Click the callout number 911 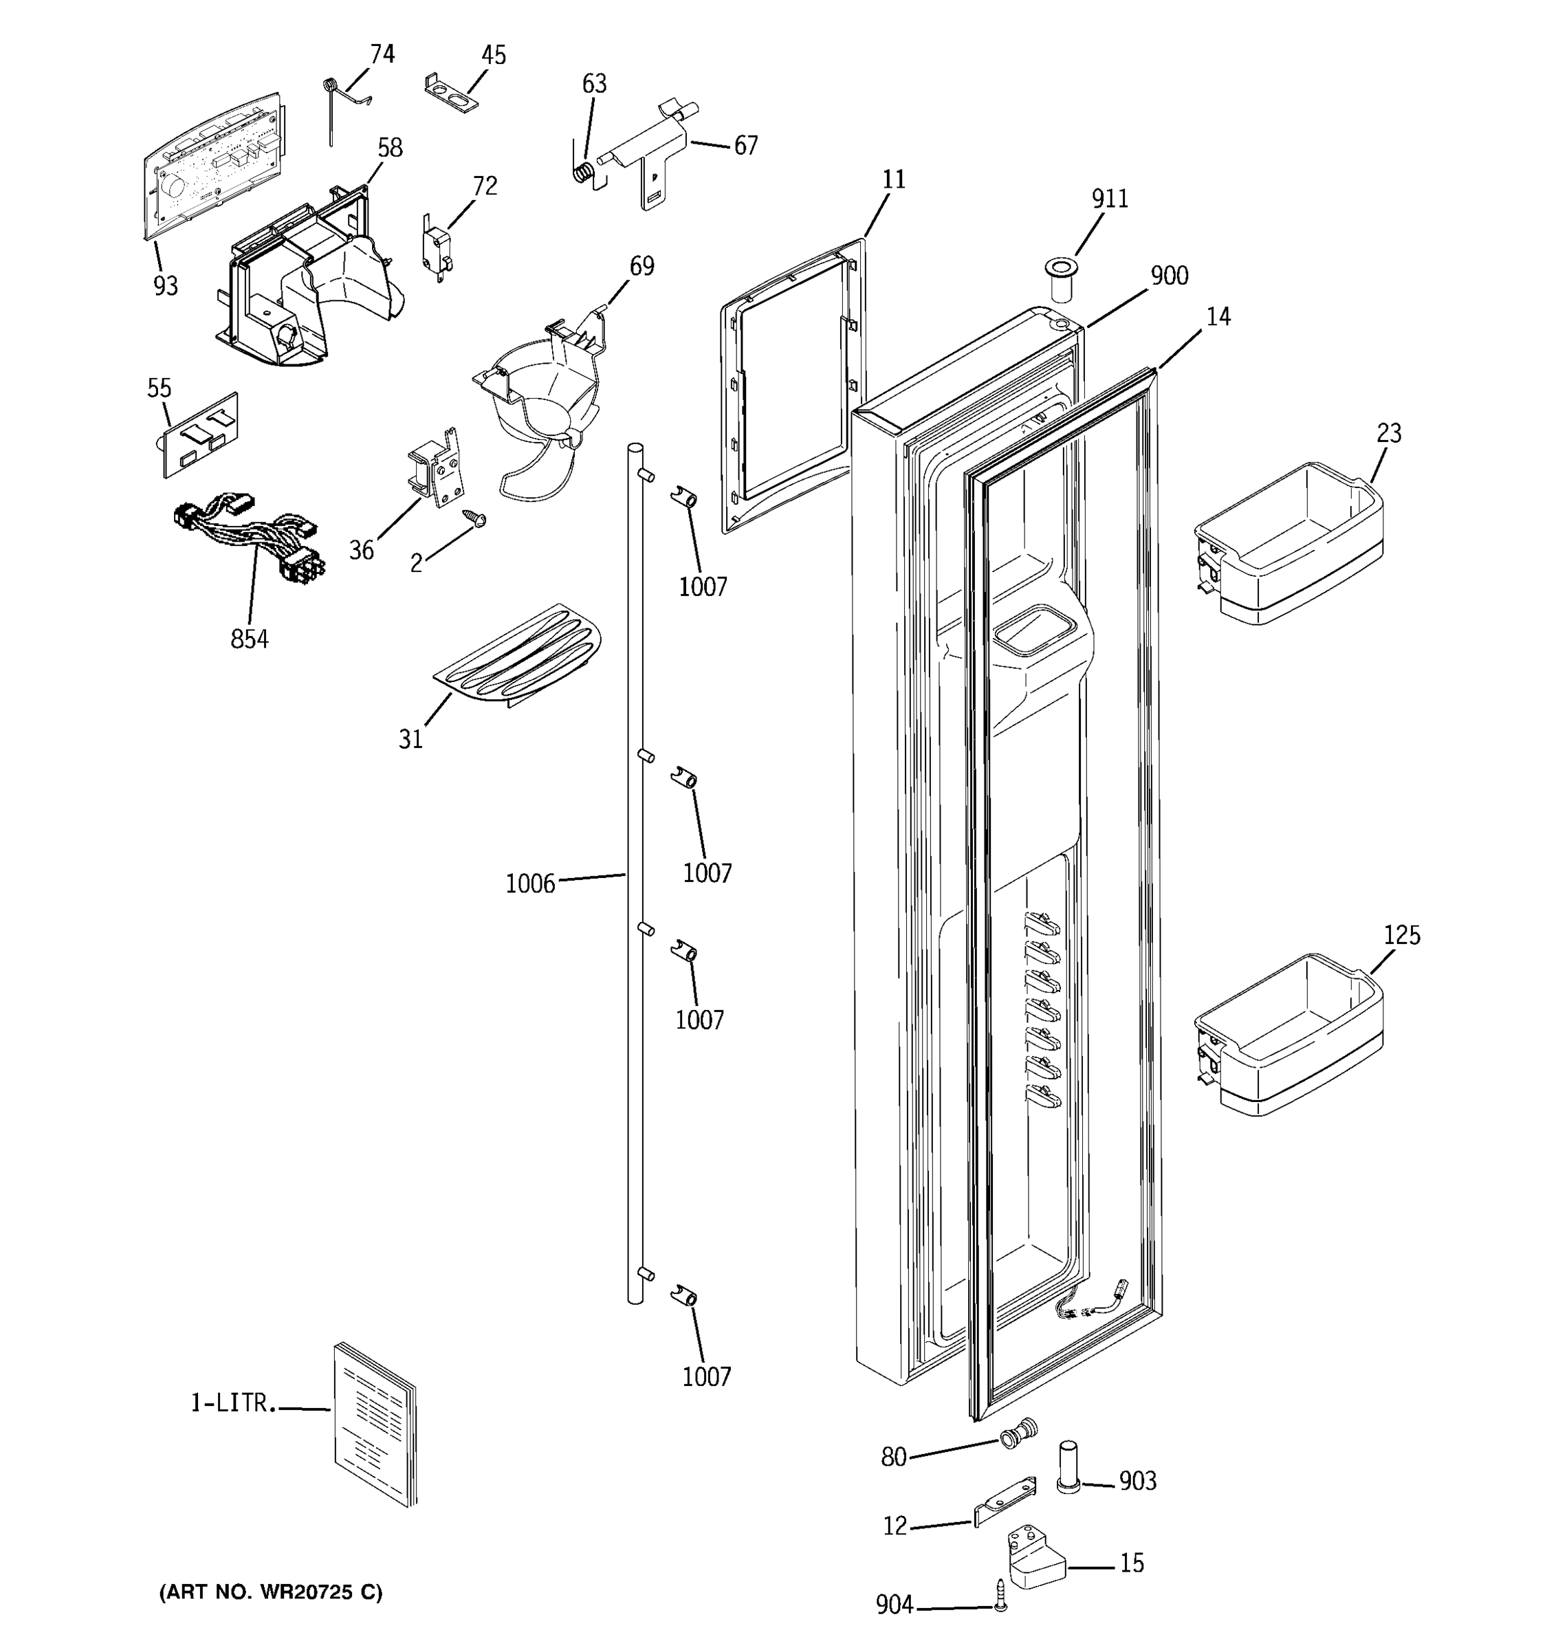tap(1110, 199)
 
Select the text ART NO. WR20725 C tap(271, 1592)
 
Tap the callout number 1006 tap(529, 884)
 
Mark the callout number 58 tap(389, 148)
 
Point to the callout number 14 tap(1218, 317)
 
